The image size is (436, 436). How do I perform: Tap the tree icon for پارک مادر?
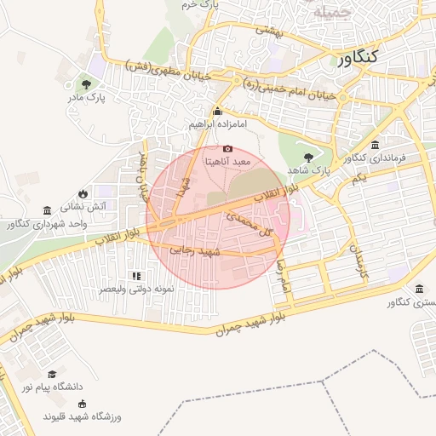coord(87,83)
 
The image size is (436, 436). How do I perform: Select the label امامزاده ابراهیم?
coord(218,124)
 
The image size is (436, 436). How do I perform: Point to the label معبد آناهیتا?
coord(227,161)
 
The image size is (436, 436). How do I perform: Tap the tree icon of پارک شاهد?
coord(308,157)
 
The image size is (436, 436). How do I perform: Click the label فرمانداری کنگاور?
coord(376,158)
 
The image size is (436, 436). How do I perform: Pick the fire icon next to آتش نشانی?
coord(82,194)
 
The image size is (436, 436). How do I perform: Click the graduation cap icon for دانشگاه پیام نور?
coord(52,374)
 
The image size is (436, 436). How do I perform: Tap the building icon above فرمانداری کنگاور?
coord(376,145)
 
